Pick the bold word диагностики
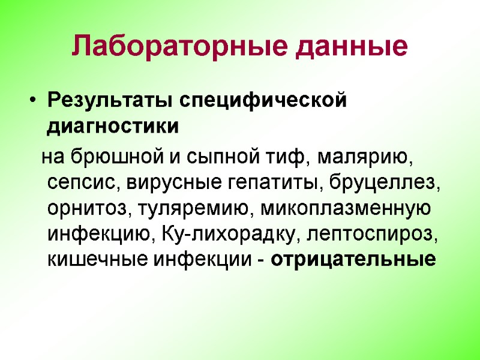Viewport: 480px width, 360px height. pos(113,127)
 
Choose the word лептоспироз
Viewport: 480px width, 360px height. pos(373,235)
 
